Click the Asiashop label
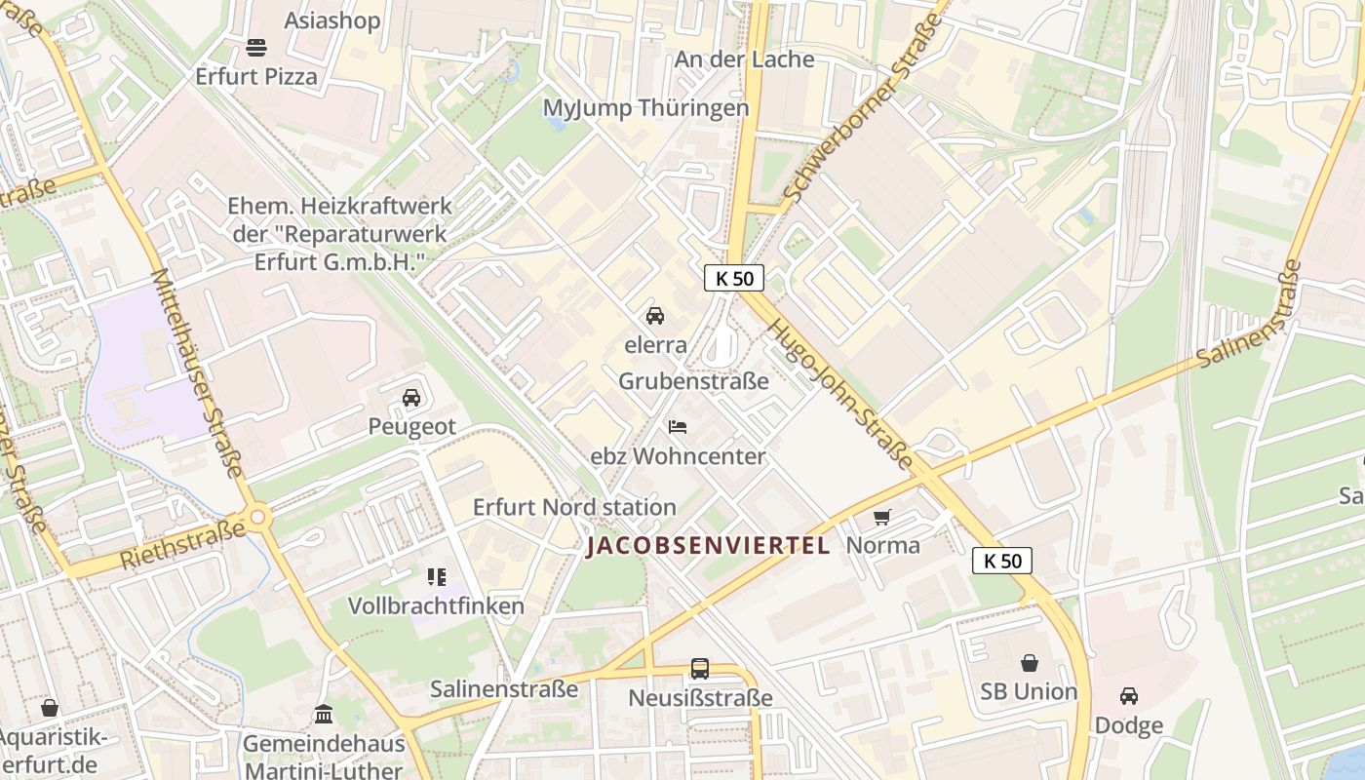[332, 20]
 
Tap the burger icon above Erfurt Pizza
[256, 47]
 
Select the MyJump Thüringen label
[645, 108]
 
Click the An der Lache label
[744, 59]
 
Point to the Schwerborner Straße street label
[866, 100]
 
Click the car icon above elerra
[655, 316]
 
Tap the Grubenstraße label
[693, 381]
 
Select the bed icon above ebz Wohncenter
[678, 427]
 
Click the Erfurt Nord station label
[574, 507]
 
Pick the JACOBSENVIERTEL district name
[708, 546]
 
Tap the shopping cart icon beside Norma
[882, 517]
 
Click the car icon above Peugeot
[411, 398]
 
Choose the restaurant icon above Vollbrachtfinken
[436, 577]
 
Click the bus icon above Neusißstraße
[700, 669]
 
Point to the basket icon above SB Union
[1029, 663]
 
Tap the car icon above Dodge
[1129, 696]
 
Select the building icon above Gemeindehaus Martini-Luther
[324, 715]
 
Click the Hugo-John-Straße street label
[840, 394]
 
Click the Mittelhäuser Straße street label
[198, 373]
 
